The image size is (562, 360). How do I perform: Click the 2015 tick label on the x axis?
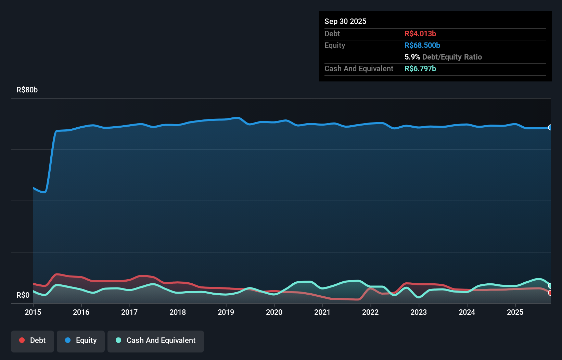33,312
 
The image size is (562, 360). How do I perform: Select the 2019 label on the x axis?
226,312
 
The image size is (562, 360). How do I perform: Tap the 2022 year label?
370,312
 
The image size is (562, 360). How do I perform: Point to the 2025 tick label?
515,312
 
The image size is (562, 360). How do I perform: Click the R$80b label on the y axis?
27,90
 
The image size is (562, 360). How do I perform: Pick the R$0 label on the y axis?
23,295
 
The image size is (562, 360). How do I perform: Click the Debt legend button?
33,340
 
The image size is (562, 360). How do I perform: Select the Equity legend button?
81,340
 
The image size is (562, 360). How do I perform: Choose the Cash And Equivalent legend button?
156,340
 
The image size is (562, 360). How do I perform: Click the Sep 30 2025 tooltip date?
345,21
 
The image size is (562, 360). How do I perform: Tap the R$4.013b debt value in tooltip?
420,34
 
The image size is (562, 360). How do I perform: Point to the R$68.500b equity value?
422,45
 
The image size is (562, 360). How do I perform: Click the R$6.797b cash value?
420,68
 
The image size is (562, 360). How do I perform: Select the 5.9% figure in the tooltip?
412,57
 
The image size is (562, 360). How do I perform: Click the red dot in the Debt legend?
22,340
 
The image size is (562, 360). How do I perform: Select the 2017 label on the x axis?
129,312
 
